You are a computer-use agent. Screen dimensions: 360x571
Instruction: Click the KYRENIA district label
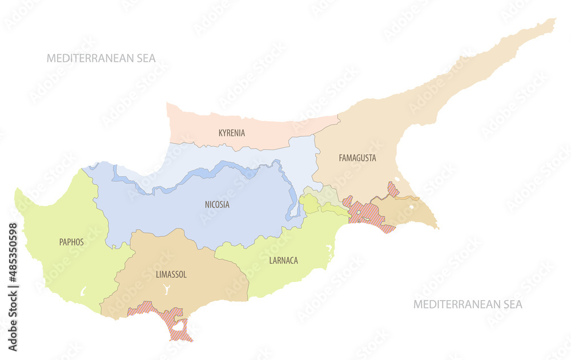(231, 133)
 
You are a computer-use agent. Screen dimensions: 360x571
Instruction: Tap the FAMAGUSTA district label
(357, 158)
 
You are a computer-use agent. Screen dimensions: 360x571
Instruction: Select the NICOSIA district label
(217, 204)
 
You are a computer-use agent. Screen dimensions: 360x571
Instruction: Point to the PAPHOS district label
(71, 242)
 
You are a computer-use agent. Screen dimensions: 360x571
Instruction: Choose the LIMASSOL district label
(171, 274)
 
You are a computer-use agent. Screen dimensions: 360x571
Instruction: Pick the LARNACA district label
(283, 260)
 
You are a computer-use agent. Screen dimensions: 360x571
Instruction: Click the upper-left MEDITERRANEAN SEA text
(101, 58)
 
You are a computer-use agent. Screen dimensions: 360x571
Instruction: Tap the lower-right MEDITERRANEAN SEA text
(468, 304)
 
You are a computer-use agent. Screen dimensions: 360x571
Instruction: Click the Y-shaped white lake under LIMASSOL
(166, 289)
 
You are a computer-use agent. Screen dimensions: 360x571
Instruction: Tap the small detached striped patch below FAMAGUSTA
(393, 189)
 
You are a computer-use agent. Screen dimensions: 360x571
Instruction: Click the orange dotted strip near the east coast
(407, 199)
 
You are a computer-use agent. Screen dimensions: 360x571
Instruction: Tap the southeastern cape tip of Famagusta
(437, 228)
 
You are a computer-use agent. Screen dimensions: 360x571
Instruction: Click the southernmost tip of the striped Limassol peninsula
(190, 341)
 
